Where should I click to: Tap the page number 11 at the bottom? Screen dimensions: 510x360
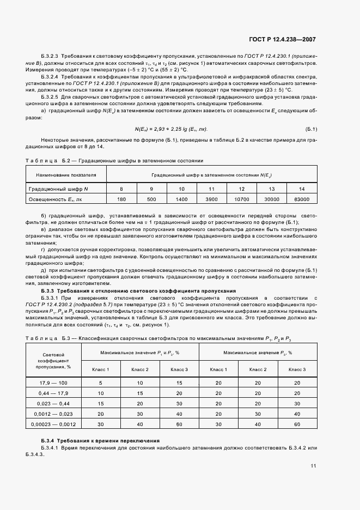[x=313, y=466]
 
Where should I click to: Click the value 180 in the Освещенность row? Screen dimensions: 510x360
[x=121, y=199]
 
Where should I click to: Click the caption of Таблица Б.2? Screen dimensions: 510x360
[x=114, y=161]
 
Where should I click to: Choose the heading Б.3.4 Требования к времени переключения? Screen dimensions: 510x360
[x=100, y=440]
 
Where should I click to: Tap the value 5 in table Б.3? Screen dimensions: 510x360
[x=100, y=383]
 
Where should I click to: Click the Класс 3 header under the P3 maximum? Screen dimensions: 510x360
[x=297, y=370]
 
